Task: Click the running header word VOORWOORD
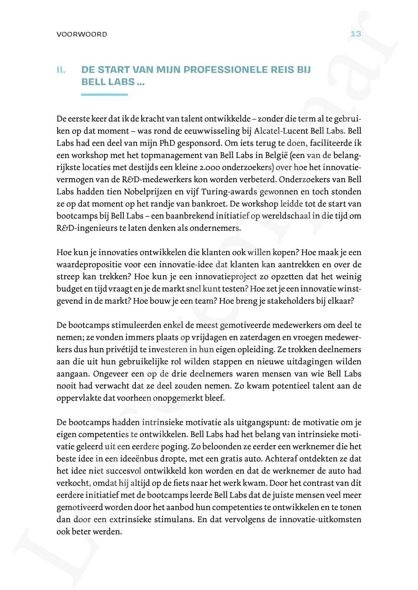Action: tap(82, 34)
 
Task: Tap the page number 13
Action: tap(355, 34)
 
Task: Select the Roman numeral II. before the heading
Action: tap(61, 70)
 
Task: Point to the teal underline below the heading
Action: tap(104, 95)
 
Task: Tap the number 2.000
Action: tap(215, 167)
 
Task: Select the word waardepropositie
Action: tap(86, 264)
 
